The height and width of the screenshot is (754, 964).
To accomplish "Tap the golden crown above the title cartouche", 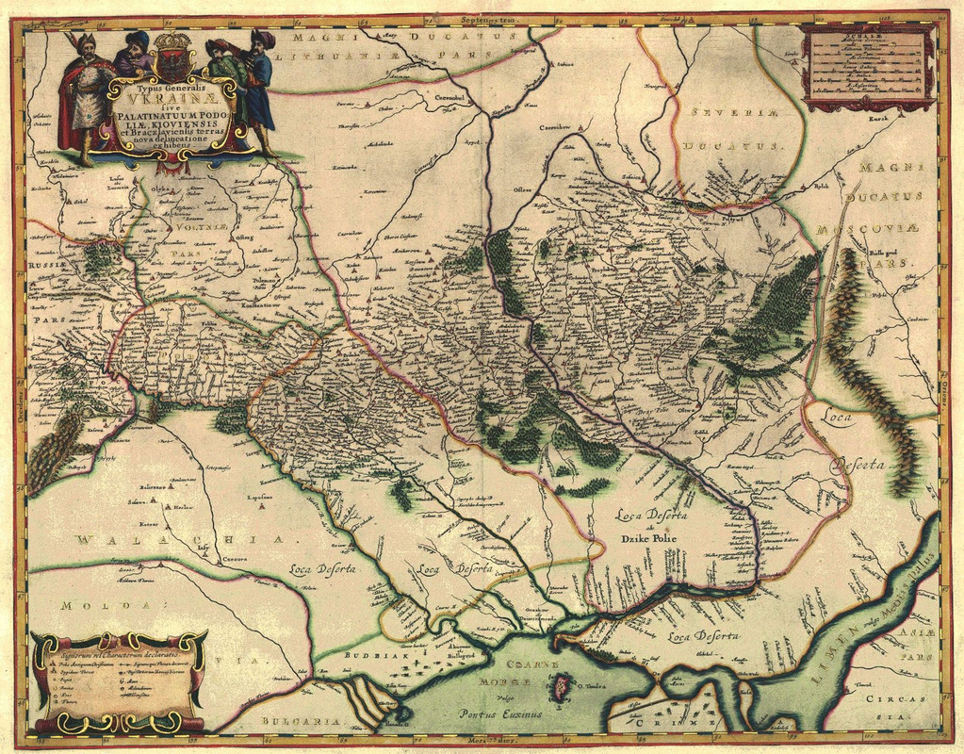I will pos(172,42).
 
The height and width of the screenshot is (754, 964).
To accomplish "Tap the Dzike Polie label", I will pos(648,538).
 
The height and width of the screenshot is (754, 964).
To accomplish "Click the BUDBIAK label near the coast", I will pos(349,651).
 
